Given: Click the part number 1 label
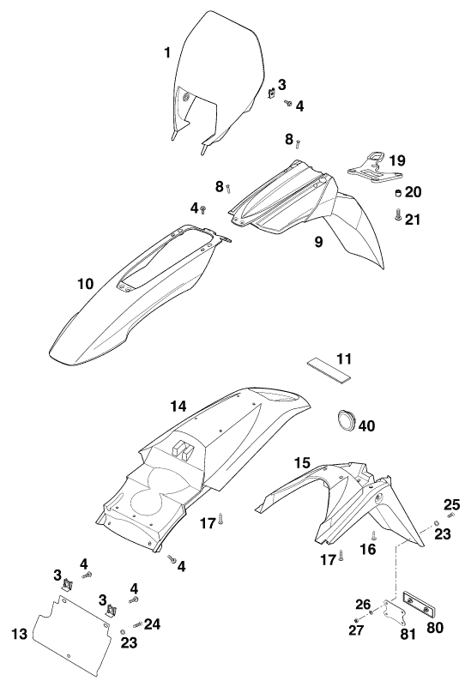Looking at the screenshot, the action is [167, 53].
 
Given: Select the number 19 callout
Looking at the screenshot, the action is [397, 160].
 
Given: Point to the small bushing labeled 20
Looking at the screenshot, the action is [398, 193].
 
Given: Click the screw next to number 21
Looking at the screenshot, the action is [398, 214].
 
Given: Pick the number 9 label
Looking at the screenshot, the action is [318, 241].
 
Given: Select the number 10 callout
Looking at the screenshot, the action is [86, 284].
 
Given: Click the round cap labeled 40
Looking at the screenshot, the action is [347, 419].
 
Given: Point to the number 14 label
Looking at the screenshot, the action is [178, 407].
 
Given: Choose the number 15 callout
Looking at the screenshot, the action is [302, 462].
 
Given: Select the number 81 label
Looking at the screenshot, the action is [408, 634].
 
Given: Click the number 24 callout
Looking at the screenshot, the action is [152, 624].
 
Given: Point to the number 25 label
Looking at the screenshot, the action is [452, 504].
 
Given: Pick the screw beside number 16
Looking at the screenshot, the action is [373, 535].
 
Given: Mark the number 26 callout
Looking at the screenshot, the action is [363, 605].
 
